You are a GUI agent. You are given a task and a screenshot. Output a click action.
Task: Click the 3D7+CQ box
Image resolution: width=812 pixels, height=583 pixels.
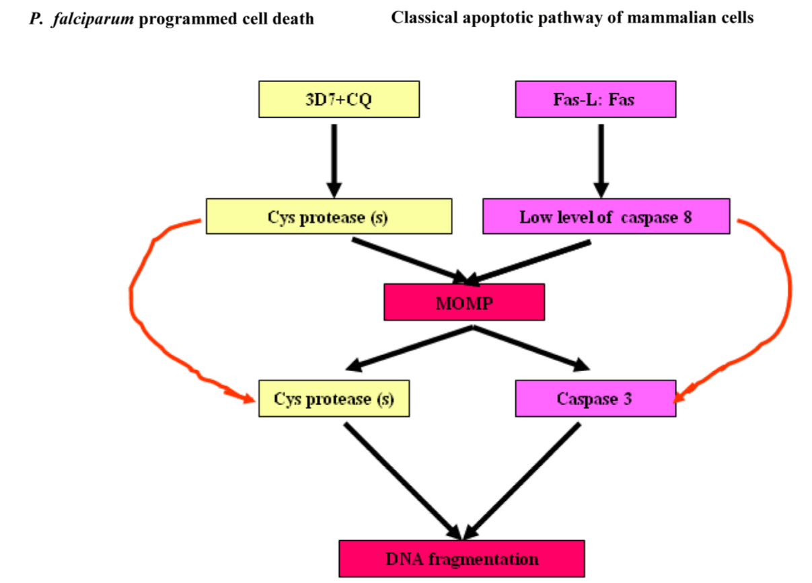(339, 99)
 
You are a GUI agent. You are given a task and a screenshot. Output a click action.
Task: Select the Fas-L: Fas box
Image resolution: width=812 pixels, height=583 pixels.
(595, 99)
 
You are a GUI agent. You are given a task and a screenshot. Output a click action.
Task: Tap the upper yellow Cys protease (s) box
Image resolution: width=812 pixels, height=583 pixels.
(329, 216)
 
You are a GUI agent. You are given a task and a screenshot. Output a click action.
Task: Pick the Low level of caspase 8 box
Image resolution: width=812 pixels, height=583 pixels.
(606, 216)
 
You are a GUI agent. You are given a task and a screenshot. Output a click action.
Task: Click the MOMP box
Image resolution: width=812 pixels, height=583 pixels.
(464, 302)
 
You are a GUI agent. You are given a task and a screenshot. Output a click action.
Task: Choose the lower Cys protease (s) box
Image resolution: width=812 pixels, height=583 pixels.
(334, 398)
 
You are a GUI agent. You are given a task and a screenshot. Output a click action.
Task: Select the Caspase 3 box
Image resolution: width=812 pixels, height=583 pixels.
(595, 398)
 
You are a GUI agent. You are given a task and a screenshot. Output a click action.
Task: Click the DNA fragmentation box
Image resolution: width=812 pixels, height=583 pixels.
(462, 558)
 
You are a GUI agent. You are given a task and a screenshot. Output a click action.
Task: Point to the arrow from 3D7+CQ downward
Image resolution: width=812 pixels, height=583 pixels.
(334, 161)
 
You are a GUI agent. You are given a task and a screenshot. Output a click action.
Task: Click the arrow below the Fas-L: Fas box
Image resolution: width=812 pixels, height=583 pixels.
(601, 161)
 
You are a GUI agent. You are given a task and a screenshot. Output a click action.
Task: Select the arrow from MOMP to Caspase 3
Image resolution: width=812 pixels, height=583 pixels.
(531, 348)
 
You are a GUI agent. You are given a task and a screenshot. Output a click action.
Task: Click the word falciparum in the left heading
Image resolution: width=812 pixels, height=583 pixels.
(93, 19)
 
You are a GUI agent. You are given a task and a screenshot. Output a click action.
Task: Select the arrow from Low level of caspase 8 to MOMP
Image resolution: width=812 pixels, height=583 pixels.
(527, 262)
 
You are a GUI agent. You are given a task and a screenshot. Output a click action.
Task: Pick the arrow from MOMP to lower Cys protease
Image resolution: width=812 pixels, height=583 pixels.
(410, 348)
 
